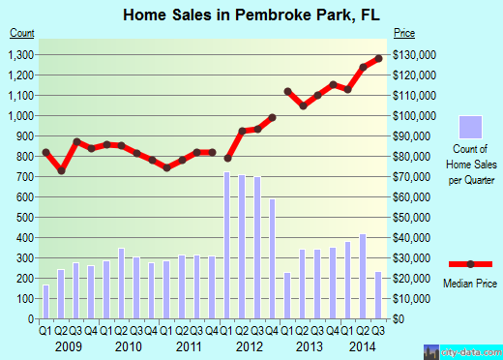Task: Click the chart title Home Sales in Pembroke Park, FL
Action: tap(251, 15)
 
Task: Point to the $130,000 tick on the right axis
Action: tap(417, 54)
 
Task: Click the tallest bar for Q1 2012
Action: tap(227, 246)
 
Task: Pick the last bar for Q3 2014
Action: tap(378, 295)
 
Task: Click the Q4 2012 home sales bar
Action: tap(273, 258)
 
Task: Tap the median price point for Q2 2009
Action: tap(61, 170)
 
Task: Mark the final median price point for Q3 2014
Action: tap(378, 58)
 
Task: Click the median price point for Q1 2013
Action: tap(288, 91)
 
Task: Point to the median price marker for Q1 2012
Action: tap(227, 158)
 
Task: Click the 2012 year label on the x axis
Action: tap(250, 346)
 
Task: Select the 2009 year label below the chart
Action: tap(68, 346)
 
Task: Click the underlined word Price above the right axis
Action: tap(402, 35)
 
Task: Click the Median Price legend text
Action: tap(471, 285)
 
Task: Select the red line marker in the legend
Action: tap(470, 263)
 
